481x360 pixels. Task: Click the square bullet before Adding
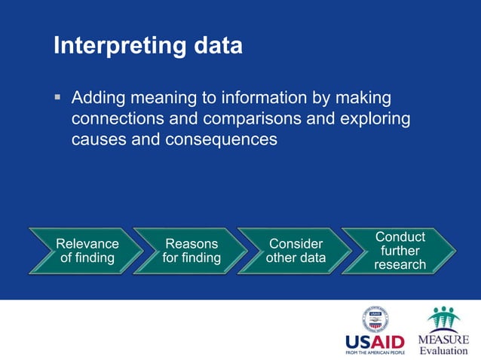(57, 98)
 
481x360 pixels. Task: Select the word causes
(97, 139)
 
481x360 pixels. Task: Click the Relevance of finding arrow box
(84, 251)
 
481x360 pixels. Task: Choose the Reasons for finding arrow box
(190, 251)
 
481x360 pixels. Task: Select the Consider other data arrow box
(295, 251)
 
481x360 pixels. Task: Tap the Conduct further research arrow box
(399, 251)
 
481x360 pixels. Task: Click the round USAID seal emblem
(375, 320)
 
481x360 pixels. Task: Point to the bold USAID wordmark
(375, 341)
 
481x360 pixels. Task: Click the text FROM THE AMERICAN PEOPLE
(375, 352)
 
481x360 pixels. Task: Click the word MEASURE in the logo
(443, 339)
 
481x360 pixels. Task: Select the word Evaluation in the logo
(443, 350)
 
